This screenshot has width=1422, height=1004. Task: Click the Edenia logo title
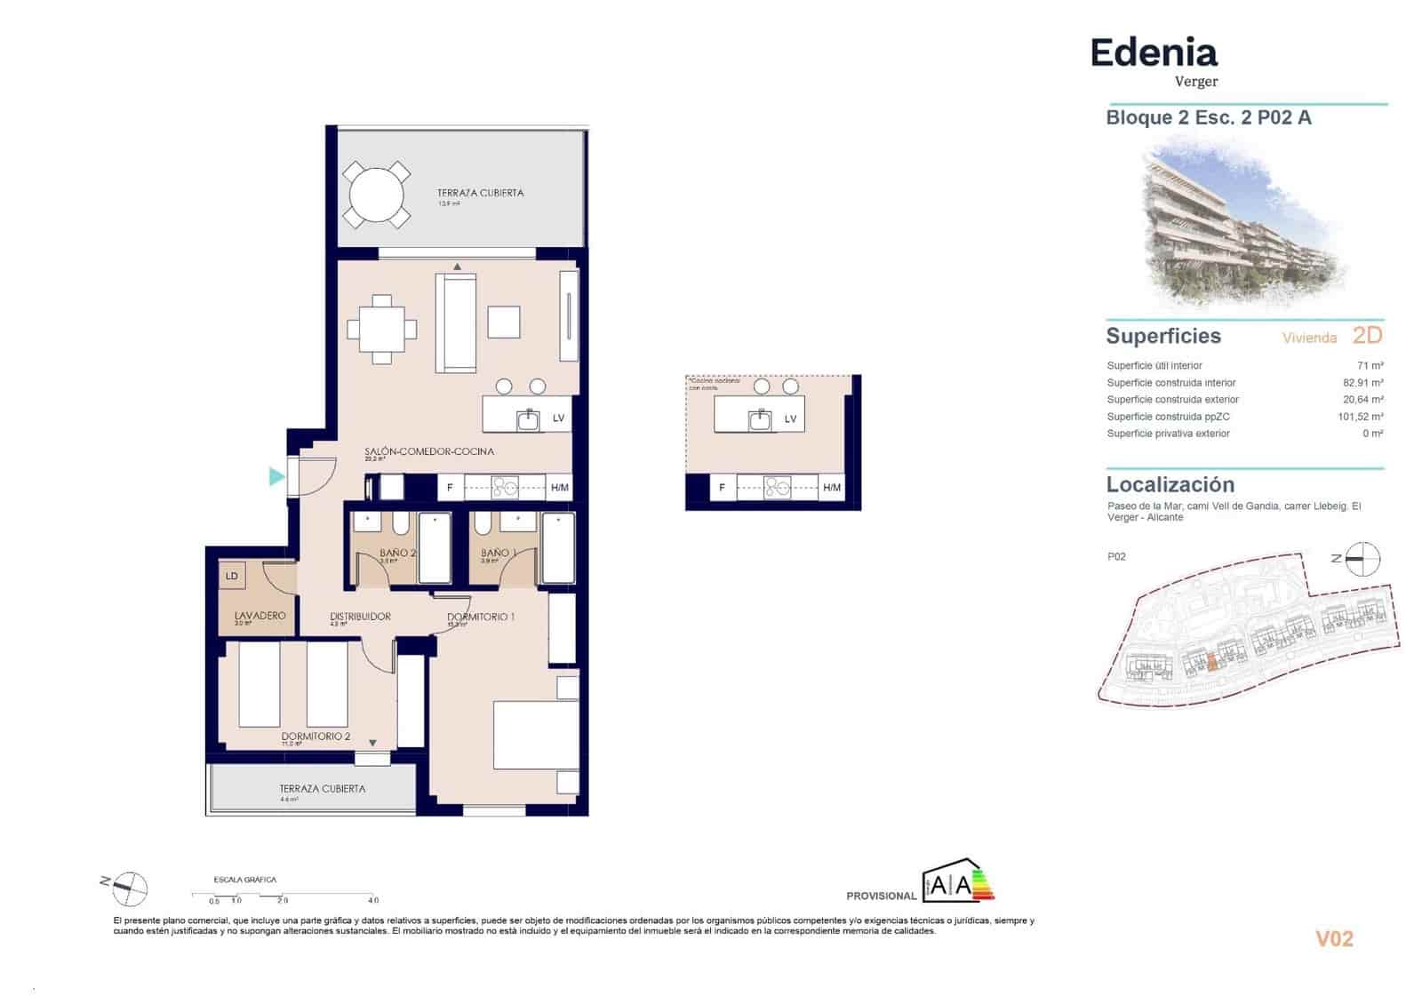click(1153, 53)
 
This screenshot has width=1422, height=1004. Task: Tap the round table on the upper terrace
click(377, 195)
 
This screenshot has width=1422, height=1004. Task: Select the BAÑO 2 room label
click(397, 553)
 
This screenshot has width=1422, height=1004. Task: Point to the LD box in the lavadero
click(232, 576)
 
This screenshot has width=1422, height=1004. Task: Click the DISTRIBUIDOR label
click(360, 616)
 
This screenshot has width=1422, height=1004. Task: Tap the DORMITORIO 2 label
click(316, 737)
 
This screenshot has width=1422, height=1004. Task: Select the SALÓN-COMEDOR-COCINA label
click(428, 451)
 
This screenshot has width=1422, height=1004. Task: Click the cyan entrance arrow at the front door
click(277, 477)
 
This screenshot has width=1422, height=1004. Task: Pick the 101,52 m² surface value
click(1360, 417)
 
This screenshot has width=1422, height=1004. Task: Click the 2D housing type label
click(1367, 336)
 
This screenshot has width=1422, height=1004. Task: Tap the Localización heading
click(1170, 485)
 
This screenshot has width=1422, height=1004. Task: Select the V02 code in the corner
click(1334, 939)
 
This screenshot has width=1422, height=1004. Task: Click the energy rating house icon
click(957, 880)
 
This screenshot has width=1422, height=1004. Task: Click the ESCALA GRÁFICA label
click(244, 880)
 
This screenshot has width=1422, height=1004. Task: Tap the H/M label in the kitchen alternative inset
click(832, 488)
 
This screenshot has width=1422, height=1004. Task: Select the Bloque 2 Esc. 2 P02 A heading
click(1208, 118)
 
